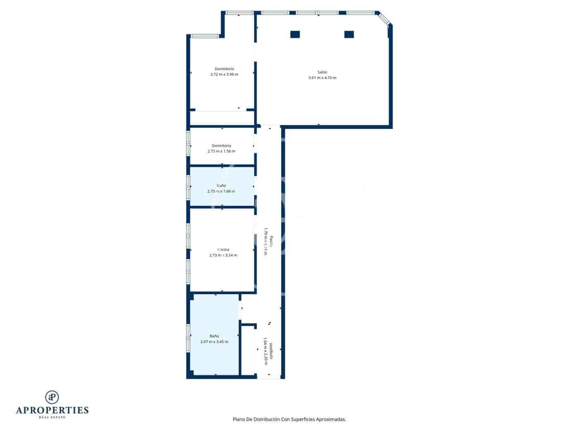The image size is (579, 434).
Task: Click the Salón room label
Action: click(x=322, y=72)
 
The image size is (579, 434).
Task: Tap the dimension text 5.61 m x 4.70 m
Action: click(x=322, y=78)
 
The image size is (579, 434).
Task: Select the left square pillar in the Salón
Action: click(x=295, y=34)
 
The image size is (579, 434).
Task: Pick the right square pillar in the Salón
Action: click(x=349, y=34)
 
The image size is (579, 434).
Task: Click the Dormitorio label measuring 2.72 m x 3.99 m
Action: click(x=224, y=69)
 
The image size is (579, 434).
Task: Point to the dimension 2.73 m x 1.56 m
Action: click(x=221, y=151)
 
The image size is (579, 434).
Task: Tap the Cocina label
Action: click(x=223, y=250)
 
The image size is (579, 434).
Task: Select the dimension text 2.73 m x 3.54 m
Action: click(x=223, y=255)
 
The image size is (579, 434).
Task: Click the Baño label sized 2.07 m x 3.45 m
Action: click(x=214, y=336)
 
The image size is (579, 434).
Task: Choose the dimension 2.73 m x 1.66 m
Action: click(x=221, y=191)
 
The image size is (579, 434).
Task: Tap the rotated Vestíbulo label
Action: click(x=271, y=351)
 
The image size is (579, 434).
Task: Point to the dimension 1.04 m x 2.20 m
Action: click(x=266, y=351)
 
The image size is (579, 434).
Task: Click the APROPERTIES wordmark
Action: click(x=52, y=410)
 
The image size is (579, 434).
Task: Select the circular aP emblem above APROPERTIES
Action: click(x=52, y=397)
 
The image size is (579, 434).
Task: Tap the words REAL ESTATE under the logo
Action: click(x=52, y=417)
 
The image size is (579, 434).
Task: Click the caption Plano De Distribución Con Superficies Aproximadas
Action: click(x=289, y=419)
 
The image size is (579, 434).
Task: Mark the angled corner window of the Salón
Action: click(x=383, y=19)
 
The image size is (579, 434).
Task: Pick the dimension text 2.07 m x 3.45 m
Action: click(x=214, y=342)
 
